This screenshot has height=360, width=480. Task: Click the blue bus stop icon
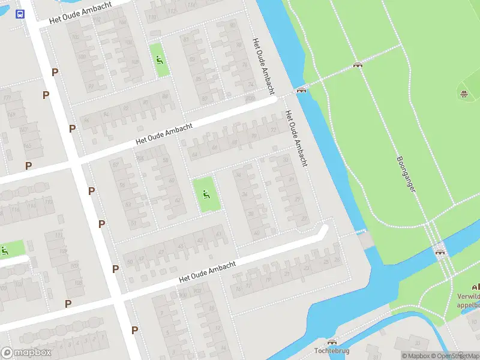[x=20, y=14]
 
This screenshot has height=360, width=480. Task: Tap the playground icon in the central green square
[x=206, y=194]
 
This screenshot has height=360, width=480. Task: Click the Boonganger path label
[x=406, y=175]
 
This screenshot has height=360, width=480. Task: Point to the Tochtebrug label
[x=331, y=350]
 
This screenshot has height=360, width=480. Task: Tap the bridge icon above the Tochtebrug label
[x=331, y=341]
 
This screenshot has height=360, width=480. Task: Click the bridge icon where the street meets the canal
[x=301, y=91]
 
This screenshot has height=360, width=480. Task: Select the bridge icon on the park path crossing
[x=358, y=65]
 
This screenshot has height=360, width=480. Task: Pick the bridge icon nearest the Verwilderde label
[x=442, y=252]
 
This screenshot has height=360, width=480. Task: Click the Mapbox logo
[x=26, y=353]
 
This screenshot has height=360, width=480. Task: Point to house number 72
[x=274, y=130]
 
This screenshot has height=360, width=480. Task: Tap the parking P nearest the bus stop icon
[x=55, y=72]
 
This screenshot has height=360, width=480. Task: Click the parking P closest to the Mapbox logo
[x=68, y=304]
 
